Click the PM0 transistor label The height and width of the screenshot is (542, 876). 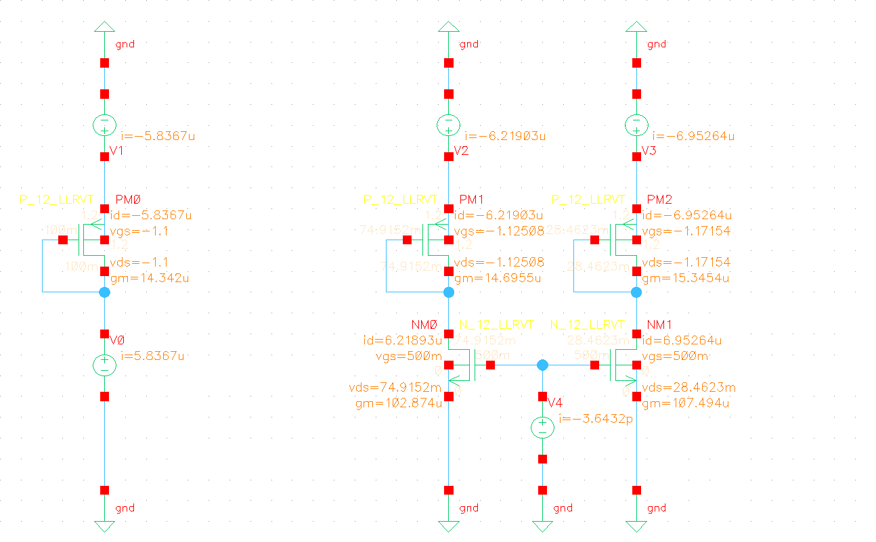129,200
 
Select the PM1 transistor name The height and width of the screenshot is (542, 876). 471,200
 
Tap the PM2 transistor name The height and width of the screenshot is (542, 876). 659,200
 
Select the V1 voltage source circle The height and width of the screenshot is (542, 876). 105,125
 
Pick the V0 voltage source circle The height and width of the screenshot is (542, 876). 105,365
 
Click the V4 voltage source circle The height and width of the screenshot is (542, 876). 542,428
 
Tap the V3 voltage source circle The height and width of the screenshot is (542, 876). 636,125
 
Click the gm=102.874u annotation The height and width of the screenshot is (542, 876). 398,403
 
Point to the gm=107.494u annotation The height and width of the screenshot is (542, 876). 685,403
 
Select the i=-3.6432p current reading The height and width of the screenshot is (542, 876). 596,420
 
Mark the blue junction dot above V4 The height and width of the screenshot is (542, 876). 542,365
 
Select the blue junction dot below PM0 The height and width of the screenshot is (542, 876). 105,292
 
